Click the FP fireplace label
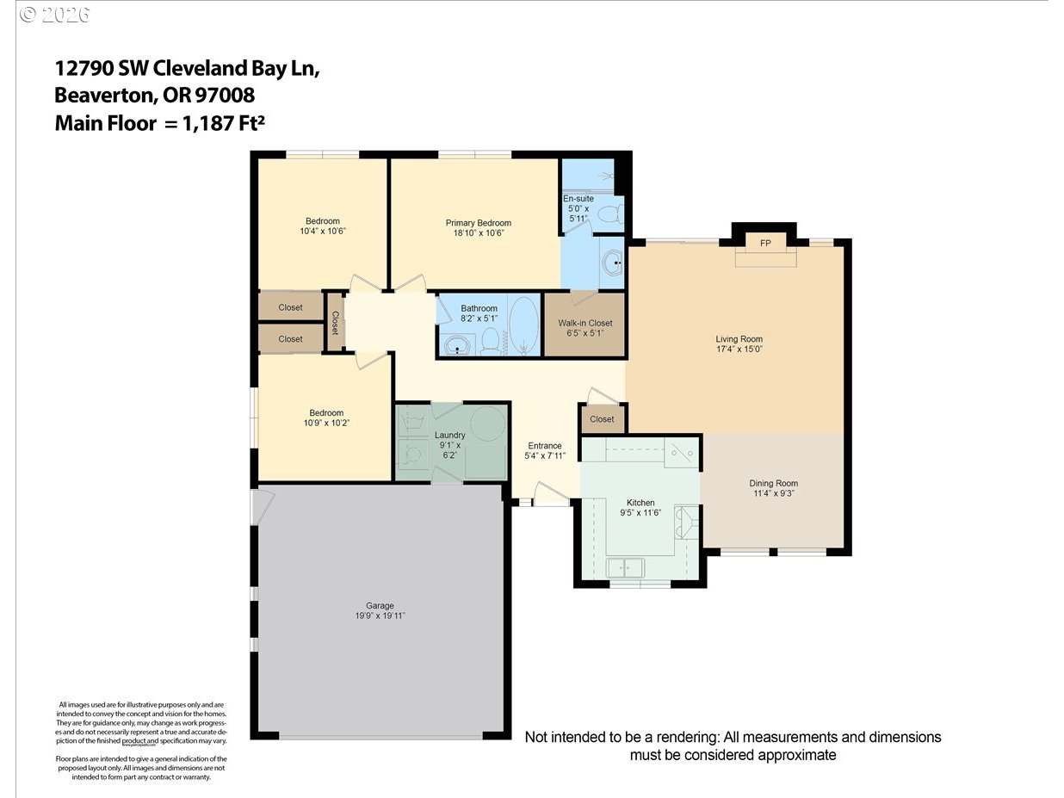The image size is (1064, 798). [x=764, y=244]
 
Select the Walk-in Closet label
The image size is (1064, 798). [x=585, y=323]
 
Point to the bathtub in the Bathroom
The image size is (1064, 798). [x=523, y=325]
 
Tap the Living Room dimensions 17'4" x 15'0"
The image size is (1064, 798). [x=739, y=350]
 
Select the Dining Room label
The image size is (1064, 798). [x=773, y=483]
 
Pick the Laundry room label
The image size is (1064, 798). [x=449, y=435]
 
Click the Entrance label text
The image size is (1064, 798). [x=545, y=445]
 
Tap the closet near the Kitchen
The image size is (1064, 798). [x=602, y=419]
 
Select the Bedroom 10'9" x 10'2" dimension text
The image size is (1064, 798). [x=326, y=423]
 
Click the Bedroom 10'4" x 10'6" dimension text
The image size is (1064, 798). [x=322, y=231]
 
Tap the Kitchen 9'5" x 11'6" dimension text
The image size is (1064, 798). [x=640, y=513]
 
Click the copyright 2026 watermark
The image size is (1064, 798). [x=54, y=15]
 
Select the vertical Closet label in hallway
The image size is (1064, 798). [x=335, y=323]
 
